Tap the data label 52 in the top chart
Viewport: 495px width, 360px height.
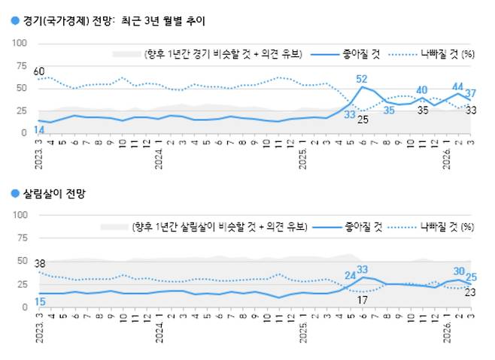(x=361, y=79)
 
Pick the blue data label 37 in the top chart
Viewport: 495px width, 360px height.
(x=470, y=94)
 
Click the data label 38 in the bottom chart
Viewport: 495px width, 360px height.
(x=40, y=264)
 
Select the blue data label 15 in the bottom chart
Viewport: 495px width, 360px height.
(x=40, y=302)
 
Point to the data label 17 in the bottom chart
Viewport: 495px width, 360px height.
(x=361, y=301)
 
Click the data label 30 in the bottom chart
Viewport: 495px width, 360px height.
(x=458, y=271)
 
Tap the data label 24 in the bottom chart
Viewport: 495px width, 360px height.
(x=350, y=275)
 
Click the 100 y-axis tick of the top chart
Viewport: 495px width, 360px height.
(x=21, y=44)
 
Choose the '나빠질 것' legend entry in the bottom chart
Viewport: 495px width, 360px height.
(x=439, y=225)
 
